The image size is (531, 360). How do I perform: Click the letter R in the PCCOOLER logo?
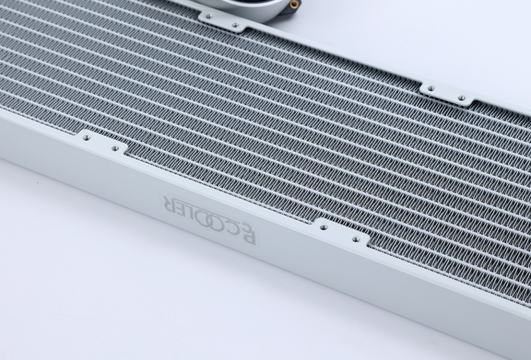coord(169,203)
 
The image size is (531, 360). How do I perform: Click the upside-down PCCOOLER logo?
coord(209,219)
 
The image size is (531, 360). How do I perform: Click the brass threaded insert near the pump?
coord(294,4)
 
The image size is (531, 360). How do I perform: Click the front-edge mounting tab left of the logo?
coord(102,143)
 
